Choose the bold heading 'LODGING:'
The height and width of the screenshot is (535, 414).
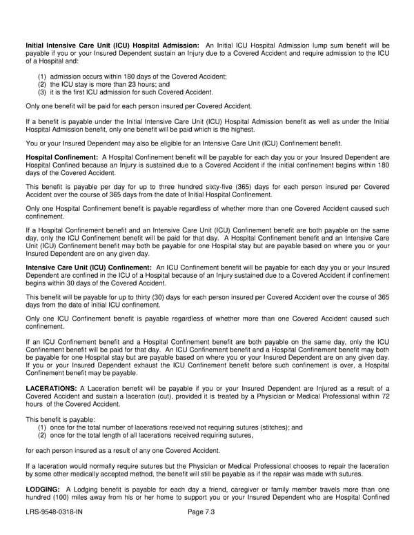point(41,489)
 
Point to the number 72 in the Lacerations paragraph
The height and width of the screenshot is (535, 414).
point(384,398)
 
